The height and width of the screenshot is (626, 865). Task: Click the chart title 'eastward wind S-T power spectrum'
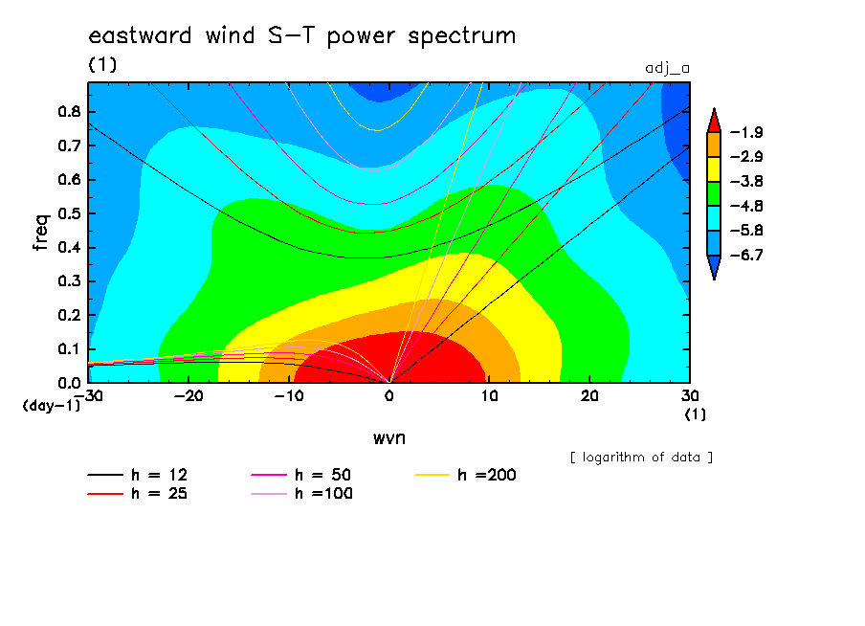pos(302,35)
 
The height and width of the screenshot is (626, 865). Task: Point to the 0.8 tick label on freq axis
pos(70,111)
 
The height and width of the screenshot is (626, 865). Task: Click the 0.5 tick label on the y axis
pos(70,213)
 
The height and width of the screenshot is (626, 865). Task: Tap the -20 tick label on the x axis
pos(189,396)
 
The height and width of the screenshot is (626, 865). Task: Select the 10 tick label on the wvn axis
pos(489,396)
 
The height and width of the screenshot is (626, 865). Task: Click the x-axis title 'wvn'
pos(389,438)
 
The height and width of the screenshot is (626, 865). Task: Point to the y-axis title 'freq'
pos(41,233)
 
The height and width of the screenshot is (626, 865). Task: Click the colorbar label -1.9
pos(746,132)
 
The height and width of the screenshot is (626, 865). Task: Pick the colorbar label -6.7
pos(746,255)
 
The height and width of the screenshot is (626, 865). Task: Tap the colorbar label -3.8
pos(746,182)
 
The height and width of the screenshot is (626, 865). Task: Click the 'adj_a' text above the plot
pos(668,69)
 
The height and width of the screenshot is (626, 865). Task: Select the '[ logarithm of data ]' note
pos(642,458)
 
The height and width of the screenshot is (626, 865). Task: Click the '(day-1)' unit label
pos(52,406)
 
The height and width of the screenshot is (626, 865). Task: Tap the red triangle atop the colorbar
pos(714,121)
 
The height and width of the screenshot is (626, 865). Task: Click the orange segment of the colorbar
pos(714,145)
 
